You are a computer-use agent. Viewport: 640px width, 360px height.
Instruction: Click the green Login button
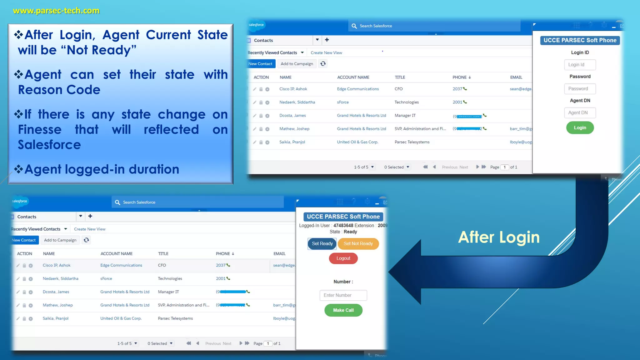point(580,128)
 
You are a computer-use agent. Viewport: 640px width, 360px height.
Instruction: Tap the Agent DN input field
point(580,113)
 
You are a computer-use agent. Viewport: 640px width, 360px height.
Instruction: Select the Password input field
point(580,89)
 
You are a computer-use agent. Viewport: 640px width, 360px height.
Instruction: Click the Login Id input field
point(580,65)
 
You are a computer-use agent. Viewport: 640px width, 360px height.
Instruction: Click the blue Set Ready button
point(322,244)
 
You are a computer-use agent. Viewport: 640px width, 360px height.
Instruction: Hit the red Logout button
point(343,258)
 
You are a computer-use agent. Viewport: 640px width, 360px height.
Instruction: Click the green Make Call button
point(343,310)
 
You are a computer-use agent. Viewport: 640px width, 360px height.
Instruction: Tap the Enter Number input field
point(343,295)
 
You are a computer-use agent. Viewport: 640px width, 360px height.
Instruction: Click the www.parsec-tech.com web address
point(56,11)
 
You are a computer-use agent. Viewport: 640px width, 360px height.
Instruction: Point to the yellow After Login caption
point(499,237)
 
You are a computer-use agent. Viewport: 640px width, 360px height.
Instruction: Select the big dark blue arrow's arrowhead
point(406,272)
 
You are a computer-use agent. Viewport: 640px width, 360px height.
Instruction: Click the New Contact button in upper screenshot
point(260,64)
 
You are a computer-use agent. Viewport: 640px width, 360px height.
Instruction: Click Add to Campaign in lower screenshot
point(60,240)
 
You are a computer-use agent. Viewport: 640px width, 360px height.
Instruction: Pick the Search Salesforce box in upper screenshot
point(434,26)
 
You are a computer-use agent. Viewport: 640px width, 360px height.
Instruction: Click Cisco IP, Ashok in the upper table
point(293,89)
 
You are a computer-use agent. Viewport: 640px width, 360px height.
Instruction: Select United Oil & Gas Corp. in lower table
point(121,318)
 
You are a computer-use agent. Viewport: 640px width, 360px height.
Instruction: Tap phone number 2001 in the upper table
point(457,102)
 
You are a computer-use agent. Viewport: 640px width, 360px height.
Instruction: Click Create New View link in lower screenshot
point(90,229)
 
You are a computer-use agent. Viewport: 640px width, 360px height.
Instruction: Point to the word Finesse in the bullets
point(40,130)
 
